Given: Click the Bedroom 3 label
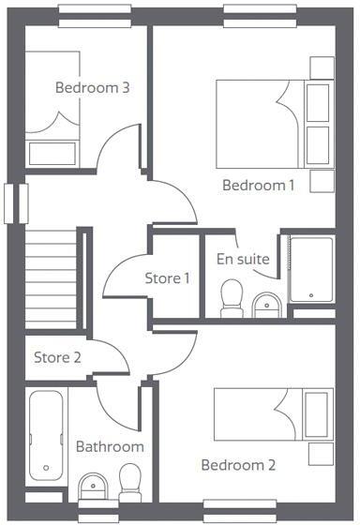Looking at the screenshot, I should click(x=92, y=88).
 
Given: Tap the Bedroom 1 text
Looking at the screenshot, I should click(x=258, y=185).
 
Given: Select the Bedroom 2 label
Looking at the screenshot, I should click(x=237, y=465).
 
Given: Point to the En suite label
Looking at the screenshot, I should click(x=243, y=258).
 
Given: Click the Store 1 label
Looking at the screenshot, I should click(x=167, y=277).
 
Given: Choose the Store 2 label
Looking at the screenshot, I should click(x=57, y=356).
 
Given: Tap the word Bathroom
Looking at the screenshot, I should click(x=110, y=446).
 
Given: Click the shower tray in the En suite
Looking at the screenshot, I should click(x=311, y=269).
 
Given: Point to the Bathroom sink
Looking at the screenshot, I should click(x=93, y=485).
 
